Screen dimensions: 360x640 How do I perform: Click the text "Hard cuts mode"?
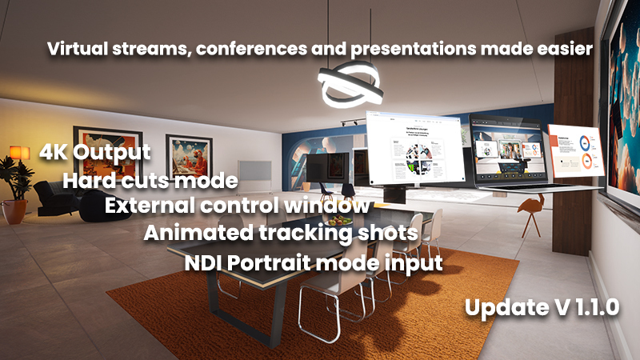click(150, 180)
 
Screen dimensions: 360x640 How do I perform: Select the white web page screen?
click(416, 149)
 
